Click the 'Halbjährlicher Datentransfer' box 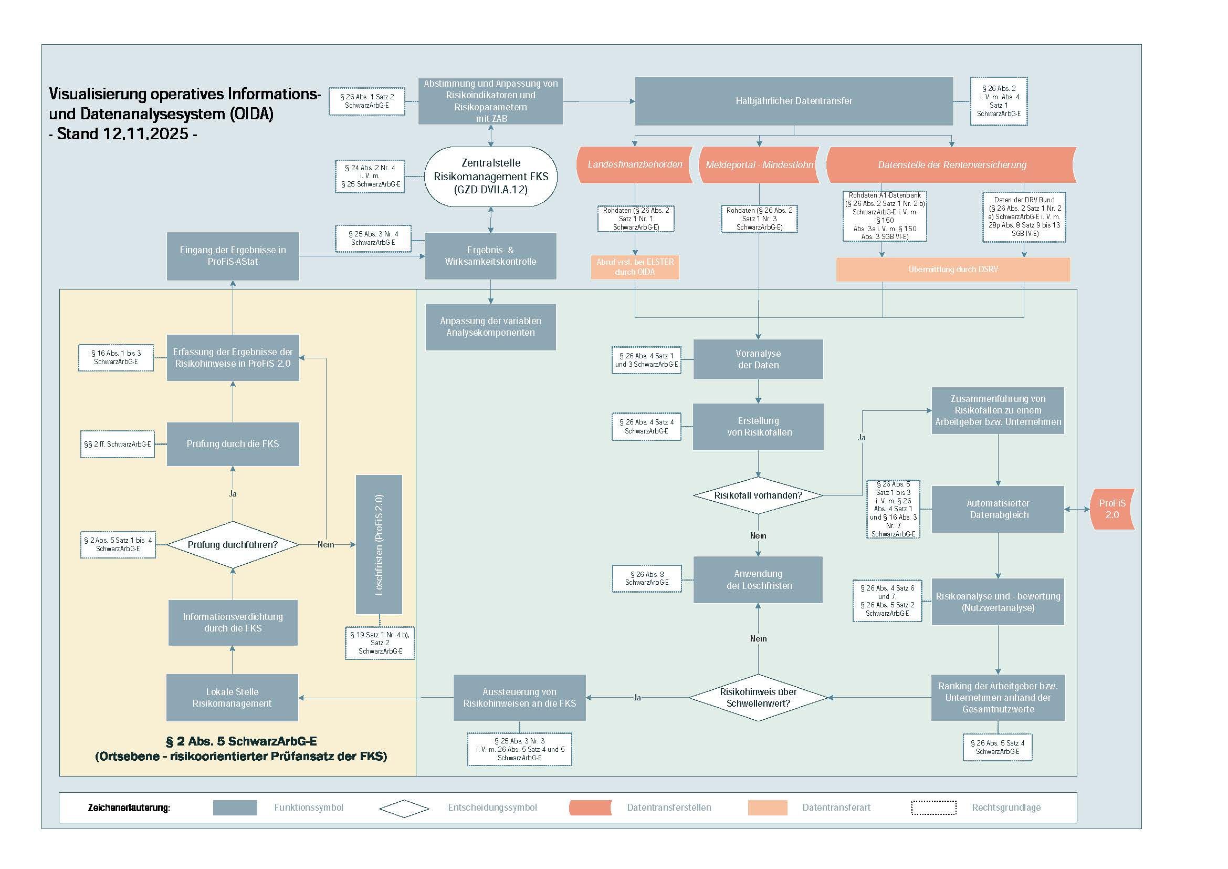pyautogui.click(x=794, y=101)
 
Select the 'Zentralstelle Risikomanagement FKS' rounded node pyautogui.click(x=490, y=177)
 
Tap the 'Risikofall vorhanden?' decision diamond pyautogui.click(x=758, y=495)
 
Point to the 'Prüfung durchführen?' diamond pyautogui.click(x=233, y=545)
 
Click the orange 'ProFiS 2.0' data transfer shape pyautogui.click(x=1112, y=509)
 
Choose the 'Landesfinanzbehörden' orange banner pyautogui.click(x=635, y=165)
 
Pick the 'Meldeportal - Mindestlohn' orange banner pyautogui.click(x=759, y=165)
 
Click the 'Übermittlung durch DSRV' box pyautogui.click(x=952, y=269)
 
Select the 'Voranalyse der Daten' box pyautogui.click(x=758, y=359)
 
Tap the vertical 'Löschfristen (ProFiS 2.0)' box pyautogui.click(x=379, y=545)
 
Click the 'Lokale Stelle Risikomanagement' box pyautogui.click(x=232, y=698)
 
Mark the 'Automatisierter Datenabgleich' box pyautogui.click(x=998, y=509)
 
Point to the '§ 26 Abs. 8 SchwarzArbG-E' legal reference pyautogui.click(x=647, y=578)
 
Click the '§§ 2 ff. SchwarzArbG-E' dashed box pyautogui.click(x=118, y=444)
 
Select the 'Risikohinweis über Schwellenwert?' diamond pyautogui.click(x=758, y=698)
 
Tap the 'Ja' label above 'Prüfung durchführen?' pyautogui.click(x=233, y=494)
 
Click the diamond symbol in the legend pyautogui.click(x=404, y=808)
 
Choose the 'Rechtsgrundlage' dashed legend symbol pyautogui.click(x=933, y=808)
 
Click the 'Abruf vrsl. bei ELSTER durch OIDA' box pyautogui.click(x=635, y=267)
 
